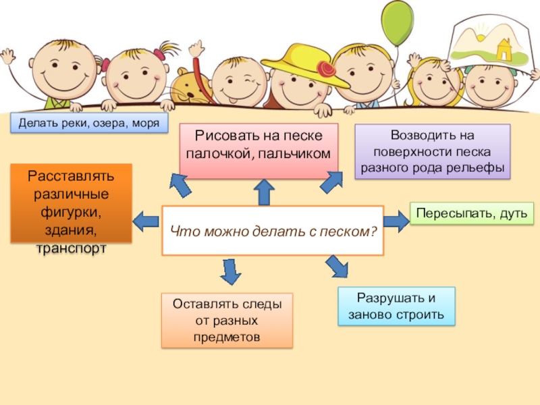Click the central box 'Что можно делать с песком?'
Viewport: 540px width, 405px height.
273,231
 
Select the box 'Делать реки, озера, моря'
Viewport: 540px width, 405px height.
89,123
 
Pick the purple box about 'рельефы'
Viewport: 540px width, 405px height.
432,152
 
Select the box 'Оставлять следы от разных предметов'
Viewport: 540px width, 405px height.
227,320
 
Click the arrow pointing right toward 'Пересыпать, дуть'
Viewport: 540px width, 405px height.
396,219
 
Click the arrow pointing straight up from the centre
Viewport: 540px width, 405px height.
263,192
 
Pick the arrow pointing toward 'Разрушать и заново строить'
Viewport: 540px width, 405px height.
336,266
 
